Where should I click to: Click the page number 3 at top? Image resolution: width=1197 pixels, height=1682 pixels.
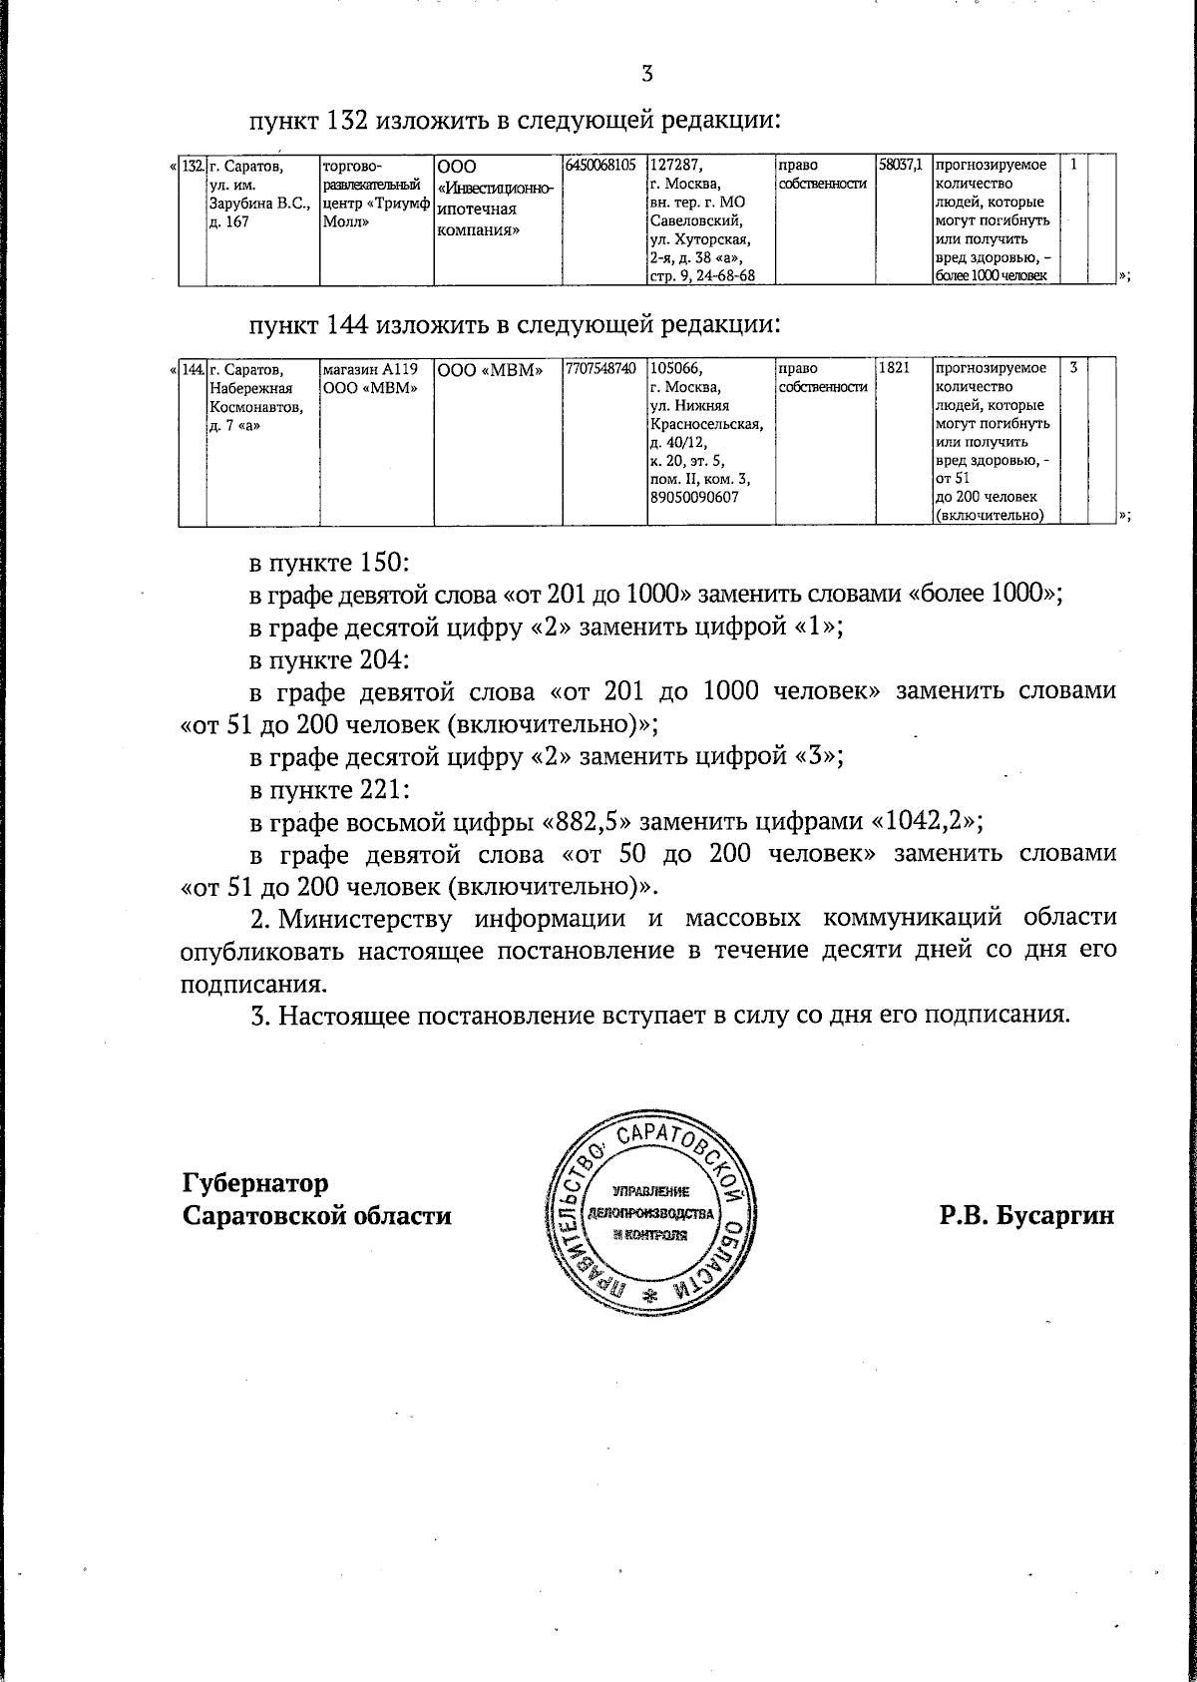click(x=647, y=73)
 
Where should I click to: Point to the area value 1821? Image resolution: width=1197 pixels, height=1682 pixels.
click(x=895, y=369)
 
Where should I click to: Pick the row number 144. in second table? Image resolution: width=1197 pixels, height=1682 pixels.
click(x=193, y=369)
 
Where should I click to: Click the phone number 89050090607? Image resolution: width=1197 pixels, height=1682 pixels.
click(x=694, y=497)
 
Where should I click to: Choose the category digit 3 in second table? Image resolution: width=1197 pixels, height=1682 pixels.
click(x=1073, y=369)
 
